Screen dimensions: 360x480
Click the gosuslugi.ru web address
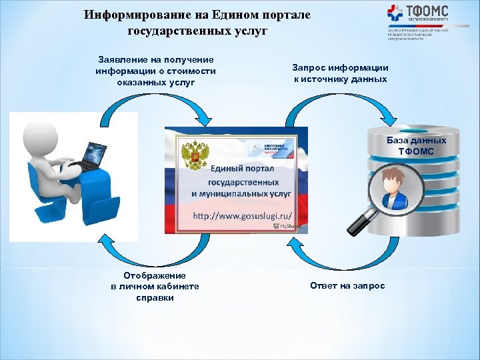[243, 217]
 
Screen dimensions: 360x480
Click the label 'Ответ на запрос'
[347, 286]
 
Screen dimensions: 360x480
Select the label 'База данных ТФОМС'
[416, 146]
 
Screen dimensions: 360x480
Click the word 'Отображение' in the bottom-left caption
[155, 275]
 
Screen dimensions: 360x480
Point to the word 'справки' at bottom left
[155, 298]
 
